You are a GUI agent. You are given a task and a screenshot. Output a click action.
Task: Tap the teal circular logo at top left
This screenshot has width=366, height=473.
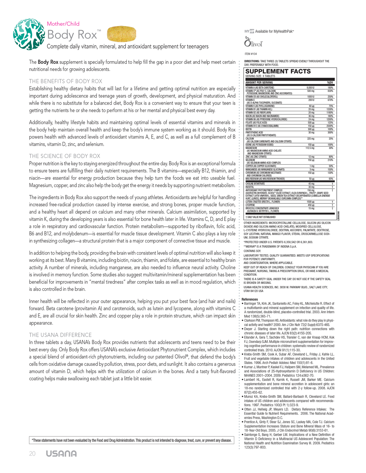click(x=29, y=35)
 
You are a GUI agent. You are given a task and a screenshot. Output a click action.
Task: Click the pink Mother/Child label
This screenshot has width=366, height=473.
click(x=63, y=24)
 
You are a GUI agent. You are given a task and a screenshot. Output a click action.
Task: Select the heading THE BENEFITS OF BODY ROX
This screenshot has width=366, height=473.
click(x=65, y=81)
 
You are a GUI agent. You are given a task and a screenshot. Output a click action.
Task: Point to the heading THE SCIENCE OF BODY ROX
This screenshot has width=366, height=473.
click(x=65, y=156)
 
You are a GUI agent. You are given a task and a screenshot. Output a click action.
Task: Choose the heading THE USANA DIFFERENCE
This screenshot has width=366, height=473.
click(x=60, y=335)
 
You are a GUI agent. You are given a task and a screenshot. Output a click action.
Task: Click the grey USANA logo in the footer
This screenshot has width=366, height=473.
click(x=61, y=454)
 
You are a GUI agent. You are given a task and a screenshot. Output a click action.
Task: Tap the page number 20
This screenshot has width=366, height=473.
click(x=32, y=454)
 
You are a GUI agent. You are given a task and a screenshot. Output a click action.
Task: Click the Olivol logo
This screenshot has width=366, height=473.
click(x=253, y=42)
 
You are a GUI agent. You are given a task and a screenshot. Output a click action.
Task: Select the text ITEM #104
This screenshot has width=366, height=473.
click(x=251, y=54)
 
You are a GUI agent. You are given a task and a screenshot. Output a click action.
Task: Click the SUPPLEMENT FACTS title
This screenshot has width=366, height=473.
click(x=278, y=71)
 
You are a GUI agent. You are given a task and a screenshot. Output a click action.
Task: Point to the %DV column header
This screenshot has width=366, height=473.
click(x=330, y=82)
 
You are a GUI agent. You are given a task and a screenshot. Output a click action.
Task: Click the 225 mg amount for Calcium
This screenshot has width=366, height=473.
click(x=311, y=139)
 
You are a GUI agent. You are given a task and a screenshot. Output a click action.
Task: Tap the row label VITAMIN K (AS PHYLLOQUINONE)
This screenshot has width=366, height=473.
click(x=260, y=106)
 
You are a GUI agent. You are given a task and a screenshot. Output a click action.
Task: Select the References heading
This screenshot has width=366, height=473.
click(x=250, y=299)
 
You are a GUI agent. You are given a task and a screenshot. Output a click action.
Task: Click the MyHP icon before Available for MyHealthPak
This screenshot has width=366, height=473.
click(x=249, y=31)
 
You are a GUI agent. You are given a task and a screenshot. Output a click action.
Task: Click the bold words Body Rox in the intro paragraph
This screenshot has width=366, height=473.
click(x=48, y=62)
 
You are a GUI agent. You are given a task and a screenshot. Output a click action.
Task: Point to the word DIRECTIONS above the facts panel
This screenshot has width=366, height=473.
click(x=252, y=61)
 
